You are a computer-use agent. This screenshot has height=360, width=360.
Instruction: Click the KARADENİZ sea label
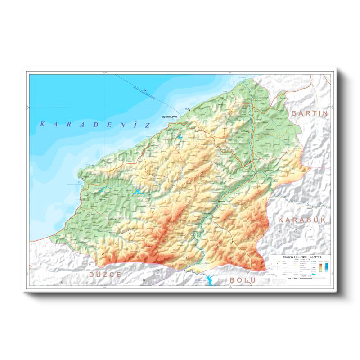[94, 124]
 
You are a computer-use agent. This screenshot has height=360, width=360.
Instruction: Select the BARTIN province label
[310, 113]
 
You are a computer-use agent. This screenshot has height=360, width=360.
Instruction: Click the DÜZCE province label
[105, 274]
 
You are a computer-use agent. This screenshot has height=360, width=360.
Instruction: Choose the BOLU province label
[243, 279]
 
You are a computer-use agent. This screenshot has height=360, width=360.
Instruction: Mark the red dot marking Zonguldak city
[167, 128]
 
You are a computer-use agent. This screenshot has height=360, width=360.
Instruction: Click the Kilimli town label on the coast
[188, 108]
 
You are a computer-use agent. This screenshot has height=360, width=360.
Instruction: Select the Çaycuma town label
[246, 131]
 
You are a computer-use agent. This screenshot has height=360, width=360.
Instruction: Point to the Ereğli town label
[83, 177]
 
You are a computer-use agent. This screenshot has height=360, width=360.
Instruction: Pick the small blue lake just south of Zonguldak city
[180, 136]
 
